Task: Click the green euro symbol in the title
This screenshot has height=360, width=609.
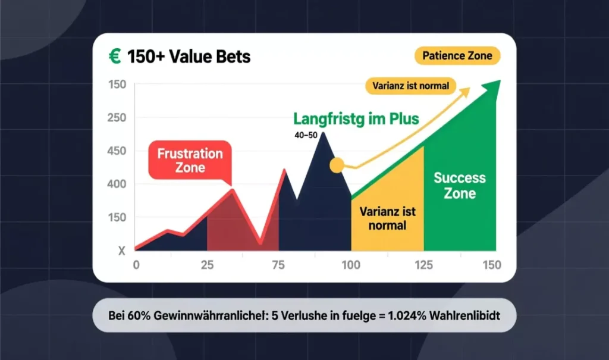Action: click(114, 57)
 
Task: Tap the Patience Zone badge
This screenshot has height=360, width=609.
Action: click(457, 56)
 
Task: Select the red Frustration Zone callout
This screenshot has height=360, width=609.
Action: click(190, 161)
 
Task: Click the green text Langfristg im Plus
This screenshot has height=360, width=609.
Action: click(355, 118)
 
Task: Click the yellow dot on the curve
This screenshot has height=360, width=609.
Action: click(337, 165)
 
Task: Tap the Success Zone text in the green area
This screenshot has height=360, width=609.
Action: click(459, 185)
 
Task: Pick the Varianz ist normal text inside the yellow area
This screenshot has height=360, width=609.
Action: click(387, 218)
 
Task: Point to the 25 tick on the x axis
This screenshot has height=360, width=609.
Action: click(207, 265)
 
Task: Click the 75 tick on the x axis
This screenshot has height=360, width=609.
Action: click(278, 265)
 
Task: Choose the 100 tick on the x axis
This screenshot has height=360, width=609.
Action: click(351, 265)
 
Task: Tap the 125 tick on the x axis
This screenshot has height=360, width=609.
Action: click(423, 265)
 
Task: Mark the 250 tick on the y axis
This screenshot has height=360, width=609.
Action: click(117, 118)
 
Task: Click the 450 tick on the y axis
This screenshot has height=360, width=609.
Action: click(117, 151)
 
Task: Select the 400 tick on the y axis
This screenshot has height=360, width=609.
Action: click(117, 184)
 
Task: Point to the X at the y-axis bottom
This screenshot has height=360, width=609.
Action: click(121, 251)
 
